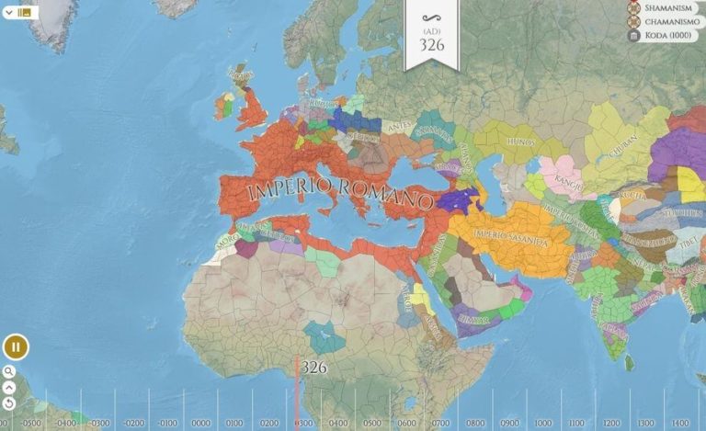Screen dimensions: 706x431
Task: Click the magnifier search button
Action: pyautogui.click(x=9, y=372)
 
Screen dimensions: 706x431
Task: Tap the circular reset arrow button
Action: pyautogui.click(x=9, y=403)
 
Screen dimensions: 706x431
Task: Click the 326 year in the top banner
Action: pyautogui.click(x=432, y=43)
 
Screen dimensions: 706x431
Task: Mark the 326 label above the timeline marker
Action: pyautogui.click(x=313, y=367)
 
